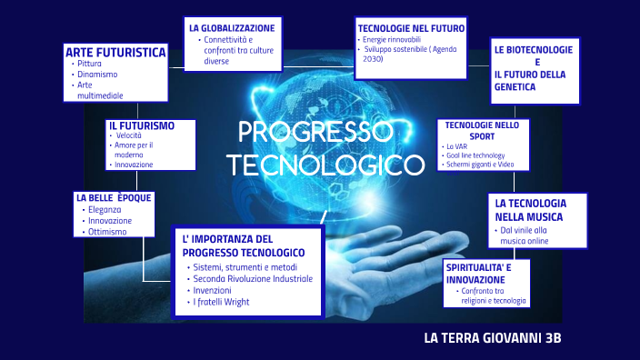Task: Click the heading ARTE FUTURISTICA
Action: point(115,52)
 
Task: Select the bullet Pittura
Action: point(90,64)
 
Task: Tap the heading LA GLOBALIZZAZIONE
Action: point(232,28)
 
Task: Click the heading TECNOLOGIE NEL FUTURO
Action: point(411,28)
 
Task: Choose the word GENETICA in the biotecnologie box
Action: point(515,87)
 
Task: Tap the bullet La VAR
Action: point(455,145)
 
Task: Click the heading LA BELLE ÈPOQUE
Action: point(114,197)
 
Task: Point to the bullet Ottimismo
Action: point(108,232)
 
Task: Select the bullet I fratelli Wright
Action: point(224,302)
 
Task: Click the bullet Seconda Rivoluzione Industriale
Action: point(252,279)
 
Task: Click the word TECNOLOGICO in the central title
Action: point(325,165)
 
